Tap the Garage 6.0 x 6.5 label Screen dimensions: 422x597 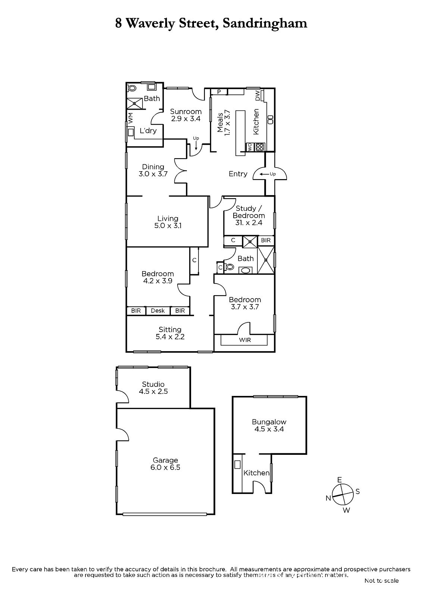coord(165,464)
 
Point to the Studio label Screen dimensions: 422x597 coord(153,384)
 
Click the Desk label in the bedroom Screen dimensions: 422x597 coord(158,310)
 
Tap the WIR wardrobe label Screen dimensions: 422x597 coord(245,340)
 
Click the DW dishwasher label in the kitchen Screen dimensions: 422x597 coord(257,96)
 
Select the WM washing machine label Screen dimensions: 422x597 coord(131,118)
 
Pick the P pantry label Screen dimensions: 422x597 coord(219,92)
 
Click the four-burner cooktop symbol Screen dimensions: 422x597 coord(260,147)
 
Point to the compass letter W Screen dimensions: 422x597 coord(346,510)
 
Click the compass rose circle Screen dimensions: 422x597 coord(343,494)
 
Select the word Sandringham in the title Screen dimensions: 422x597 coord(265,24)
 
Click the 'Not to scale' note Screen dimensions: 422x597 coord(381,581)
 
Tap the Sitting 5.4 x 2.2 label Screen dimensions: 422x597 coord(170,333)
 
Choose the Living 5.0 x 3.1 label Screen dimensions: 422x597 coord(168,222)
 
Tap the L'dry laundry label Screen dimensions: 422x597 coord(148,131)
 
